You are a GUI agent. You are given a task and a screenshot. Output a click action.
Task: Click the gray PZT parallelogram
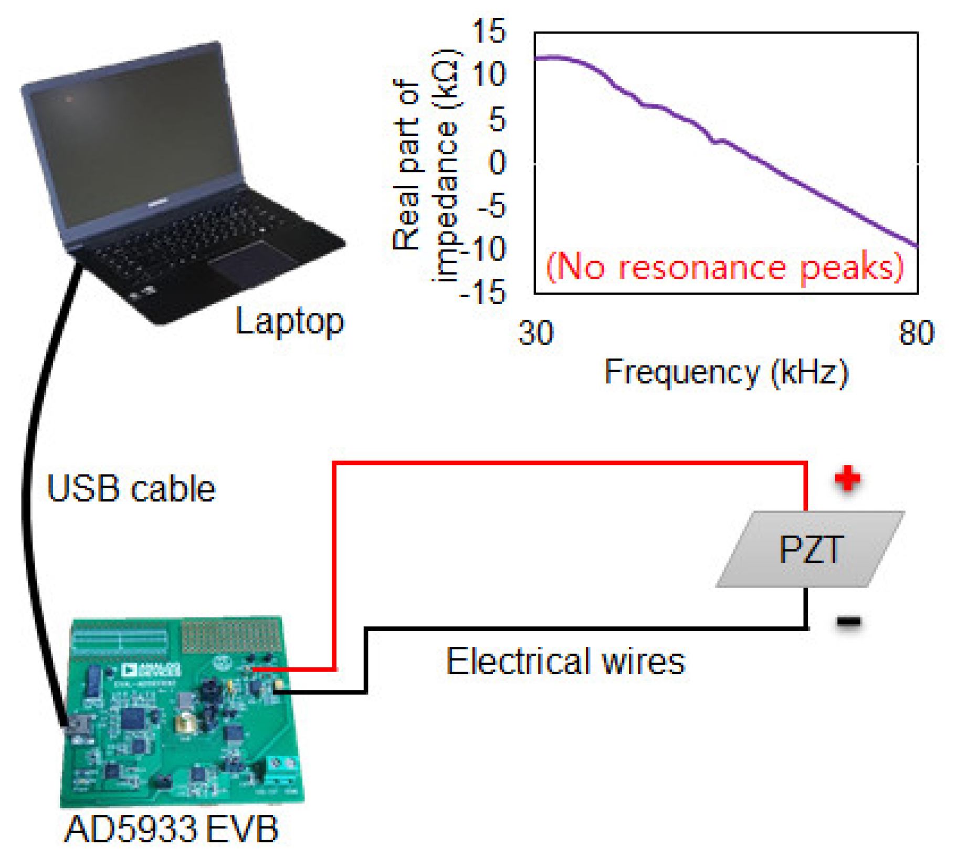pos(809,549)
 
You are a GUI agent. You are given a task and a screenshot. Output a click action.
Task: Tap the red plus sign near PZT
pos(847,478)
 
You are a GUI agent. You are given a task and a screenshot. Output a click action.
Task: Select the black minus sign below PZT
pos(848,622)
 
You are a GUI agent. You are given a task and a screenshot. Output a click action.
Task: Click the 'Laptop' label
pos(289,321)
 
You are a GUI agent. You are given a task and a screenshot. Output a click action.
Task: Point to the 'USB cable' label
pos(131,489)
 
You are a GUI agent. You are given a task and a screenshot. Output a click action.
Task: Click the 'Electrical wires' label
pos(565,661)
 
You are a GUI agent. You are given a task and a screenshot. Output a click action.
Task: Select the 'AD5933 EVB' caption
pos(171,829)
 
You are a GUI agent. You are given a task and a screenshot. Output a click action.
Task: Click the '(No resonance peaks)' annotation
pos(725,267)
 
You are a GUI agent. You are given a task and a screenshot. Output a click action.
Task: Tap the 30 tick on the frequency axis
pos(535,333)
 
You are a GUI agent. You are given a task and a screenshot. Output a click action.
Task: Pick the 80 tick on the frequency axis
pos(916,333)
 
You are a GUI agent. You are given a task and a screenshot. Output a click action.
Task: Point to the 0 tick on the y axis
pos(497,163)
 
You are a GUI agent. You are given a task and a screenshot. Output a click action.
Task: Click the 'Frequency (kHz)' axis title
pos(726,373)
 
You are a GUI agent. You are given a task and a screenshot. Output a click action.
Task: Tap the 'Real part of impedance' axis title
pos(426,165)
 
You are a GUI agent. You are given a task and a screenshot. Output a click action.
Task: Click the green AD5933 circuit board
pos(181,714)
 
